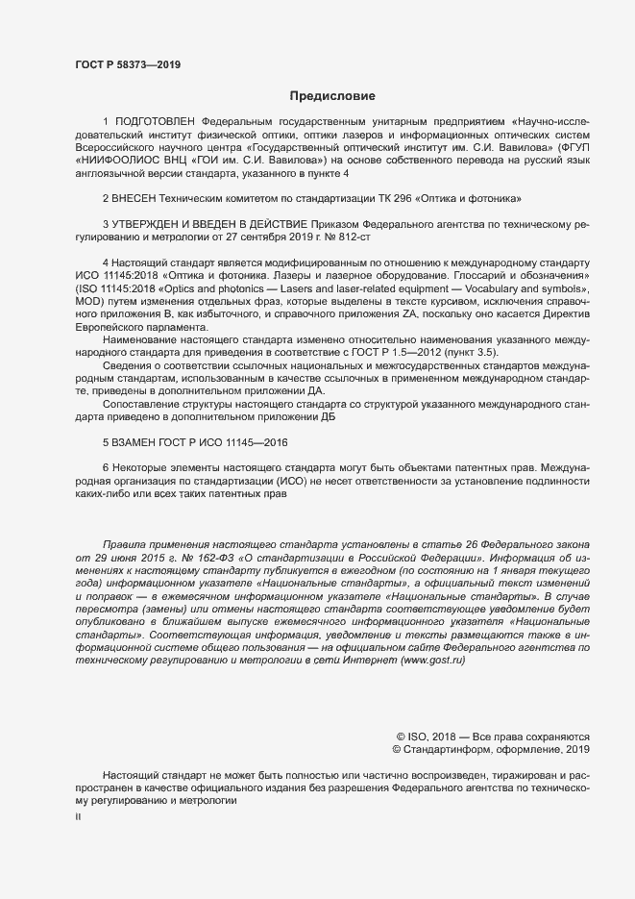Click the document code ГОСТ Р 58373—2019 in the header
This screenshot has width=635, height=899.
click(x=127, y=64)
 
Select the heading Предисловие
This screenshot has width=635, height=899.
click(x=333, y=96)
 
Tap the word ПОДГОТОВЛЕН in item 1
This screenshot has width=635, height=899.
click(x=155, y=122)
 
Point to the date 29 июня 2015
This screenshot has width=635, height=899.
click(x=129, y=557)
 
